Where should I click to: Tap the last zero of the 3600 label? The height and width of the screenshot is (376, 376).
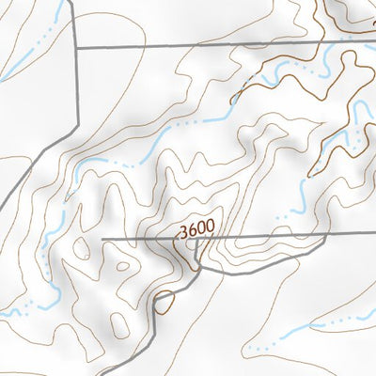(210, 227)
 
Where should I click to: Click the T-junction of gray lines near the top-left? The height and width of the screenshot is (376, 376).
(74, 46)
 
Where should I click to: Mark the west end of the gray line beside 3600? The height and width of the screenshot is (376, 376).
(102, 240)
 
